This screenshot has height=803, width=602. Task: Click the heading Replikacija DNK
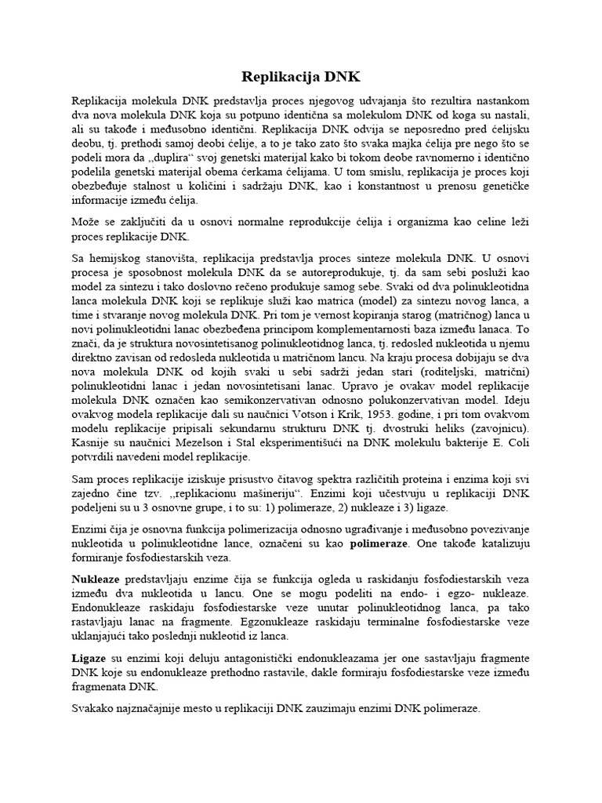[x=300, y=76]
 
